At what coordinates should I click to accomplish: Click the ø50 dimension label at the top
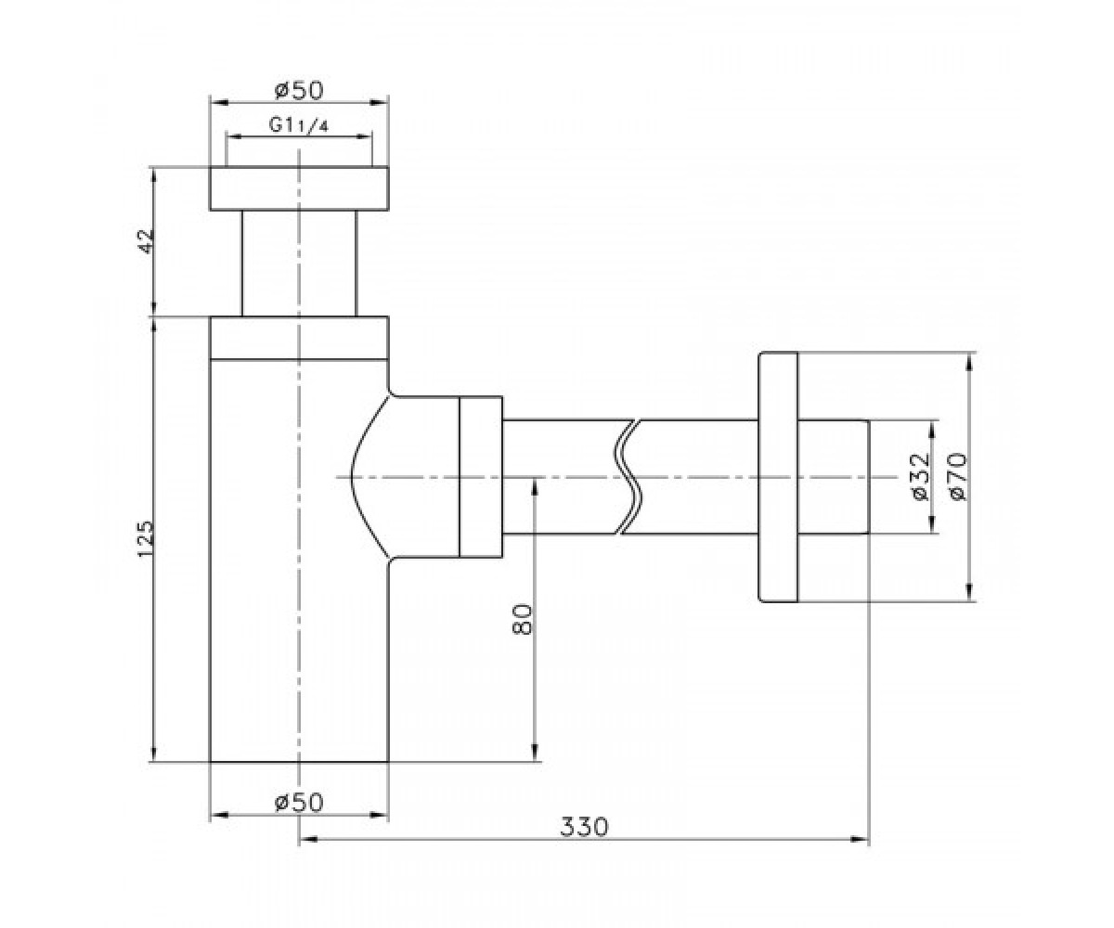[x=299, y=90]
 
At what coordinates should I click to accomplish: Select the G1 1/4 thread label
[x=299, y=125]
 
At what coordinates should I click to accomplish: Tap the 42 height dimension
[x=145, y=241]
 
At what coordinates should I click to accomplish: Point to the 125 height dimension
[x=145, y=539]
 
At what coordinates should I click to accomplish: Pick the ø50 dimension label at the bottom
[x=299, y=802]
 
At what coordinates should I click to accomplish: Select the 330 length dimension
[x=584, y=827]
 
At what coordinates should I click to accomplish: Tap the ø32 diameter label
[x=922, y=477]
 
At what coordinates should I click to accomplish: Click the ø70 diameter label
[x=958, y=477]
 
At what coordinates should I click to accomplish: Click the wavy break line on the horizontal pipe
[x=629, y=477]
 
